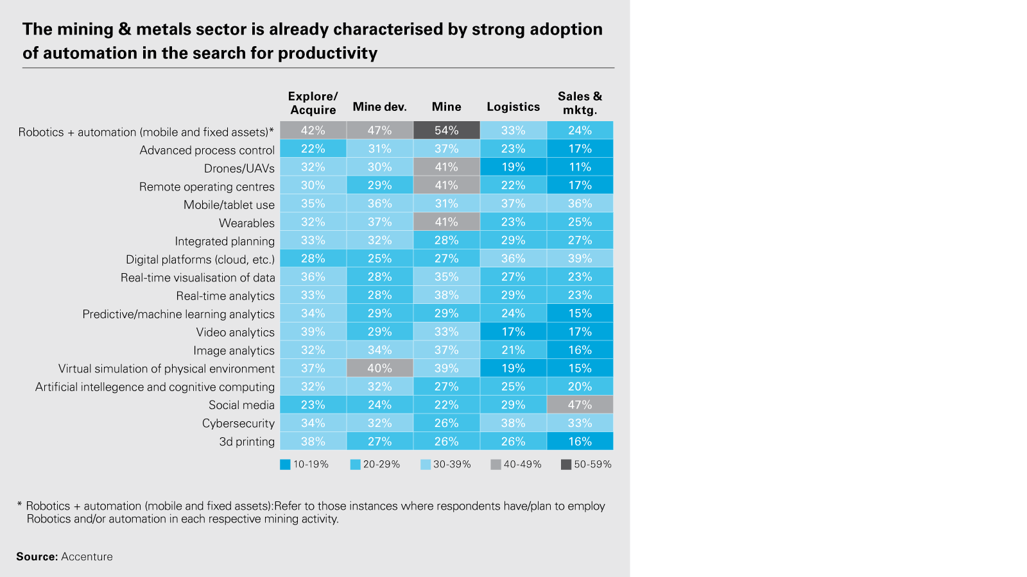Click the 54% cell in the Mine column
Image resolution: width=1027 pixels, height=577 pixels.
tap(446, 130)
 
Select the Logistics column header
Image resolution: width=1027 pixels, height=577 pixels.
tap(513, 107)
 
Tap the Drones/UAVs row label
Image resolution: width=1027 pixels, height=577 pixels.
tap(239, 169)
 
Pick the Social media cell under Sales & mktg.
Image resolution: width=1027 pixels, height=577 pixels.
tap(580, 405)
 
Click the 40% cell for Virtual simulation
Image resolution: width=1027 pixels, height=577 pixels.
tap(379, 368)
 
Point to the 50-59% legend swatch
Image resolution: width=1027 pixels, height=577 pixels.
tap(566, 465)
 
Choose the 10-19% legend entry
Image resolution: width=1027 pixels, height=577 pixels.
tap(304, 464)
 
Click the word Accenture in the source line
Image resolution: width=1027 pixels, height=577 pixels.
tap(87, 556)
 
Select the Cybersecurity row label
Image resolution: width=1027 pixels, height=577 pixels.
tap(238, 423)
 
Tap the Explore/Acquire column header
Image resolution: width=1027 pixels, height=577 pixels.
tap(313, 103)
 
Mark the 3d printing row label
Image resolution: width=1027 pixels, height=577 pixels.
tap(246, 442)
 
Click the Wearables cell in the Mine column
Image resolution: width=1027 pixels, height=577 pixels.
tap(446, 222)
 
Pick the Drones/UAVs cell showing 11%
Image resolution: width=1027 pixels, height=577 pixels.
tap(580, 167)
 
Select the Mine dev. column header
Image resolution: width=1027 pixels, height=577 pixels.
tap(379, 107)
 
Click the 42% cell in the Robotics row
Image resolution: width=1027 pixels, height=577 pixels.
tap(313, 130)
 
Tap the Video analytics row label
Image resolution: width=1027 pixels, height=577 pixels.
tap(235, 332)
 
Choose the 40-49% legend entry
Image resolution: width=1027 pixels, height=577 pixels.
tap(516, 464)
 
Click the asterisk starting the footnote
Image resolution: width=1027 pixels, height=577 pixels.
tap(20, 506)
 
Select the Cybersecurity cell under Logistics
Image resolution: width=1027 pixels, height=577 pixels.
tap(513, 423)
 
